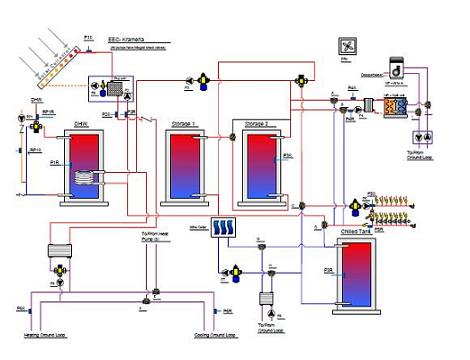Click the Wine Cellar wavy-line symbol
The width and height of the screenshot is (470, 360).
pos(223,228)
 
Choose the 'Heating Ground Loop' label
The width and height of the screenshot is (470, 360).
pos(41,335)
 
